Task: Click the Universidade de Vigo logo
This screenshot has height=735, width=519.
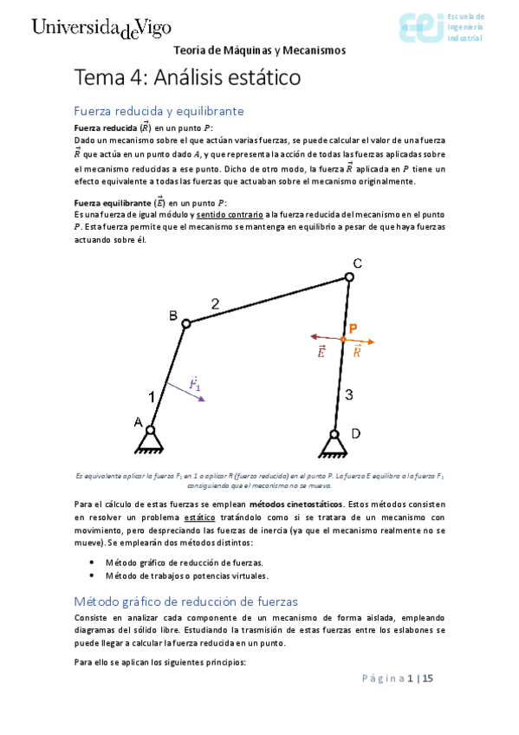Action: pyautogui.click(x=101, y=29)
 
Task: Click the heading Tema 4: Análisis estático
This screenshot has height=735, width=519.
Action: pyautogui.click(x=187, y=77)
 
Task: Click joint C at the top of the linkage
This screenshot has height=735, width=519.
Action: pyautogui.click(x=349, y=276)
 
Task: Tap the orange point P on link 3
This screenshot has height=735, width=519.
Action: pyautogui.click(x=342, y=338)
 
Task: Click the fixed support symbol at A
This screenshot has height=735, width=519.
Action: pyautogui.click(x=149, y=440)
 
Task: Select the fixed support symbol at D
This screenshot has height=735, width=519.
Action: pyautogui.click(x=334, y=445)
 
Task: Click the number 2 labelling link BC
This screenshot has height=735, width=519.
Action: pyautogui.click(x=216, y=303)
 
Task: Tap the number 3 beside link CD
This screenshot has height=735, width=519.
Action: pyautogui.click(x=348, y=395)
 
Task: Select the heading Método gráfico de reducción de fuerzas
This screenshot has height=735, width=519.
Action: pyautogui.click(x=185, y=601)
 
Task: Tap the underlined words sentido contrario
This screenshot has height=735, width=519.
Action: pyautogui.click(x=229, y=214)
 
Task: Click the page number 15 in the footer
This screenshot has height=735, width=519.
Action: pyautogui.click(x=427, y=679)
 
